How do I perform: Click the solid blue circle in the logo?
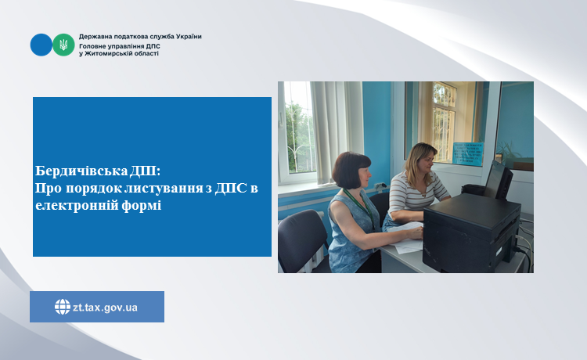pyautogui.click(x=41, y=45)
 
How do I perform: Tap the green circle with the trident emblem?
pyautogui.click(x=63, y=45)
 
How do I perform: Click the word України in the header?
pyautogui.click(x=189, y=37)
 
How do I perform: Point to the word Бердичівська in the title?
pyautogui.click(x=81, y=171)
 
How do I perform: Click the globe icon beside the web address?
pyautogui.click(x=63, y=307)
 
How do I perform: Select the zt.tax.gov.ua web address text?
pyautogui.click(x=105, y=308)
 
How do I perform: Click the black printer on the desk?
pyautogui.click(x=471, y=233)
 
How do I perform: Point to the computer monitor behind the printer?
pyautogui.click(x=498, y=180)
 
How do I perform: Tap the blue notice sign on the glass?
pyautogui.click(x=467, y=153)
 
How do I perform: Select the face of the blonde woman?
pyautogui.click(x=426, y=161)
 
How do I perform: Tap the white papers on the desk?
pyautogui.click(x=407, y=239)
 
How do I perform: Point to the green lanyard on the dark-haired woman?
pyautogui.click(x=362, y=207)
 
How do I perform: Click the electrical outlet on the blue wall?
pyautogui.click(x=380, y=185)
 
